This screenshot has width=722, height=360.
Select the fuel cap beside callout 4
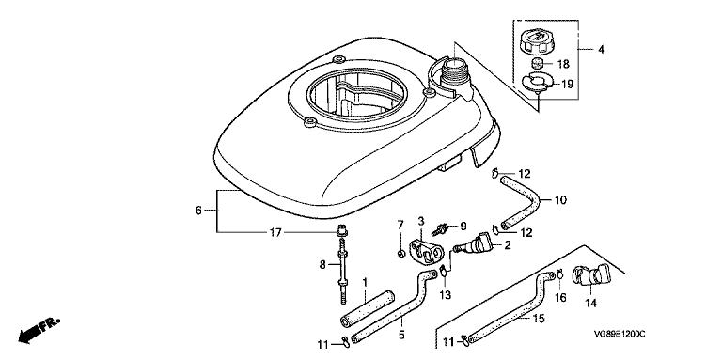point(538,42)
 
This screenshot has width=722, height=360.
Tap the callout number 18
point(563,64)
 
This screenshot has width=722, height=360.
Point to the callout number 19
point(567,85)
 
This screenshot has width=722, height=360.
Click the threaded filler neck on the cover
point(454,75)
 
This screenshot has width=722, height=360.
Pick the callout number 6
point(198,211)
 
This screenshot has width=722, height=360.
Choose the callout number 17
point(275,233)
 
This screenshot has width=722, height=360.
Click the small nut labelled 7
point(400,254)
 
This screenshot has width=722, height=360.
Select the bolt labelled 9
point(441,227)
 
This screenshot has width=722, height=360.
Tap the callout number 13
point(446,294)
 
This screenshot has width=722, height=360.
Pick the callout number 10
point(560,200)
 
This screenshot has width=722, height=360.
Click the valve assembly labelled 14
point(589,277)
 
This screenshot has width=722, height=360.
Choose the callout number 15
point(539,318)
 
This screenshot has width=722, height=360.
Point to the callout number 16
point(559,298)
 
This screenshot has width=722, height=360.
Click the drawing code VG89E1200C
point(619,335)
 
